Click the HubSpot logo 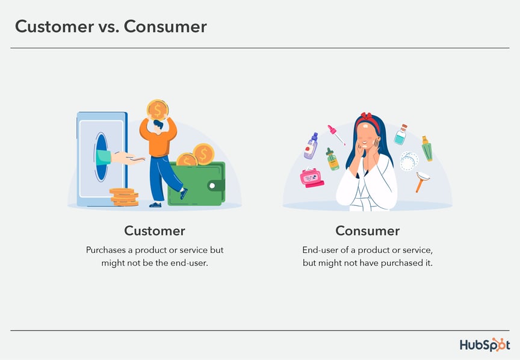click(484, 345)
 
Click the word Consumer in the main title click(165, 26)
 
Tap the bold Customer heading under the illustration click(155, 231)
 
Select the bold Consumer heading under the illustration click(368, 231)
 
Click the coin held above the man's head click(158, 110)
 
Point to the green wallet click(196, 184)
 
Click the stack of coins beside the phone click(124, 197)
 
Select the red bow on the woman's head click(367, 117)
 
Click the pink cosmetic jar click(312, 178)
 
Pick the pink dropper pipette click(336, 135)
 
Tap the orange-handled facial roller click(422, 181)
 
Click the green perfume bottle click(427, 149)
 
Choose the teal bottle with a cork click(401, 134)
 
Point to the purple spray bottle click(311, 146)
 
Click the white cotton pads click(409, 161)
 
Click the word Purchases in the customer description click(106, 250)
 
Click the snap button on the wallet click(212, 185)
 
